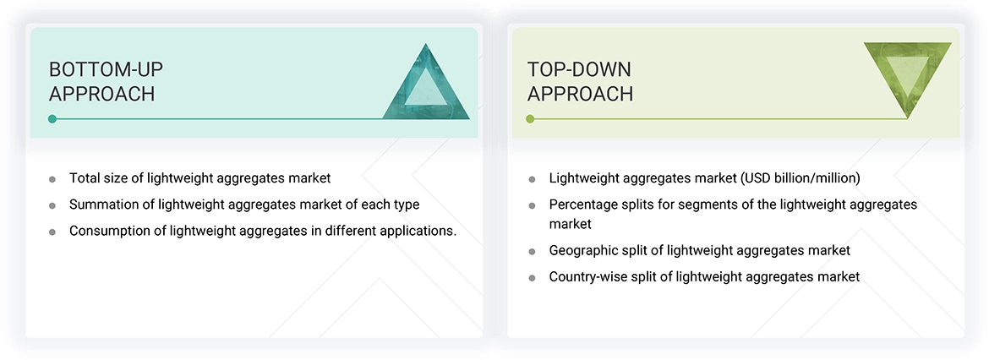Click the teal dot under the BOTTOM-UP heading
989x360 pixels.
click(x=52, y=119)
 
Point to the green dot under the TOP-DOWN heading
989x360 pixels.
click(x=530, y=119)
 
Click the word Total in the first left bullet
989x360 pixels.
click(x=85, y=178)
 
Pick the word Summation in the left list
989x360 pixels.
click(x=105, y=205)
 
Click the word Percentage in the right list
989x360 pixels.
click(x=584, y=205)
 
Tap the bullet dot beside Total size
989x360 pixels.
click(x=52, y=179)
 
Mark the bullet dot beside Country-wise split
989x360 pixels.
click(x=532, y=277)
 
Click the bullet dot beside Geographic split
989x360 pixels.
click(x=532, y=251)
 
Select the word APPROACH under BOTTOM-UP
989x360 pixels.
click(x=101, y=94)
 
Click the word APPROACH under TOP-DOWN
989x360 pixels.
click(x=580, y=94)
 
